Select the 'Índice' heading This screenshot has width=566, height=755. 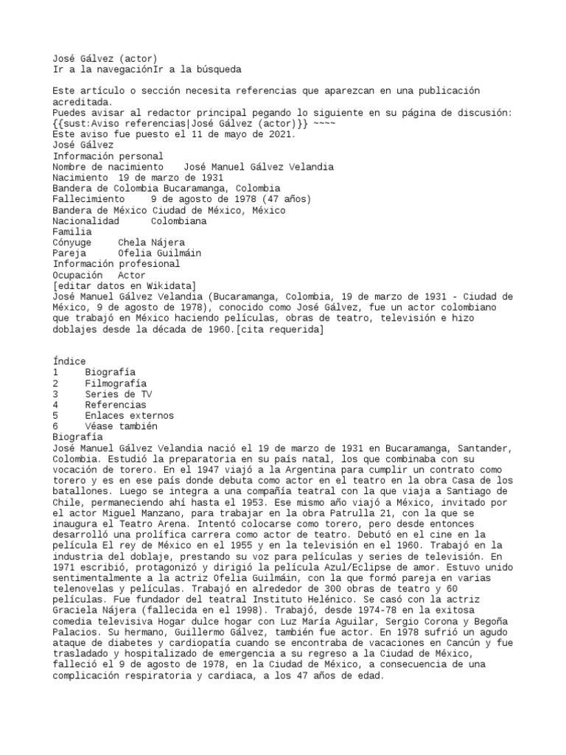pos(69,361)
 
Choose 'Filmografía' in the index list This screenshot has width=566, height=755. pos(116,383)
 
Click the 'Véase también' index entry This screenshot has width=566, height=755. pos(121,426)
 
